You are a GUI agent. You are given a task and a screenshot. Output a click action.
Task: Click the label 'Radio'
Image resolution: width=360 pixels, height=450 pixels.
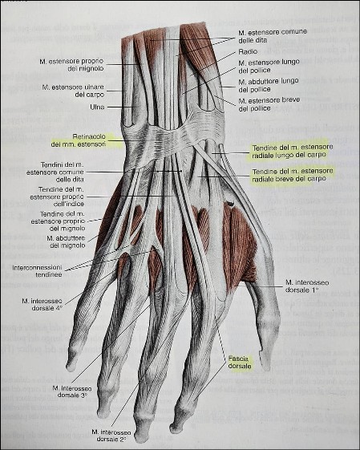click(248, 51)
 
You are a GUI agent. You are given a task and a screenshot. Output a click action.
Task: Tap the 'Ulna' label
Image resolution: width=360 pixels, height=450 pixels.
click(97, 107)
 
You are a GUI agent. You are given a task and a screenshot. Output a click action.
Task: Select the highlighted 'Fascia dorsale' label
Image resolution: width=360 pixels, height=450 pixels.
click(240, 363)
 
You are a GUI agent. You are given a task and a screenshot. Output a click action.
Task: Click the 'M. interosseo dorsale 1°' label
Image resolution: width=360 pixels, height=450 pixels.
click(307, 286)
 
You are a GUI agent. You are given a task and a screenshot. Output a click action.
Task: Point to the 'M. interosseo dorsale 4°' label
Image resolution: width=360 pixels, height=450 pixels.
click(42, 304)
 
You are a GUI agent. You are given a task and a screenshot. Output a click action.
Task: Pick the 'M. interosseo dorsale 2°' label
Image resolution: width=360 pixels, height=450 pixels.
click(111, 436)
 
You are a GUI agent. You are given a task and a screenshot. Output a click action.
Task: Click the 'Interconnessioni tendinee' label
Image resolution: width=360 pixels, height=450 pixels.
click(38, 270)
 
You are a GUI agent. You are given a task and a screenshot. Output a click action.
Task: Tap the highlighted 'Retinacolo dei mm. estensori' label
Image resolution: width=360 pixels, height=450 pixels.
click(79, 140)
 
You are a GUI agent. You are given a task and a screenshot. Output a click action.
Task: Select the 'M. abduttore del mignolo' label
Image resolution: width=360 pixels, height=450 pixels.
click(66, 241)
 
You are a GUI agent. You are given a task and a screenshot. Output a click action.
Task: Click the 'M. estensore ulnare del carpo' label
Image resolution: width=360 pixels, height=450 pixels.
click(73, 91)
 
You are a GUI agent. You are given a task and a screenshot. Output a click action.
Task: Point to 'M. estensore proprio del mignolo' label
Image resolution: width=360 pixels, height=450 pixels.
click(71, 65)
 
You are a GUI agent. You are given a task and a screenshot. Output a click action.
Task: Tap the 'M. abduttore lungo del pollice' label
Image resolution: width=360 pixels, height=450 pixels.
click(269, 85)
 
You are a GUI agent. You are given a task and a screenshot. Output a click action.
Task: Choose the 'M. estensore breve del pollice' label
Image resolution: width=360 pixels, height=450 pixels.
click(269, 104)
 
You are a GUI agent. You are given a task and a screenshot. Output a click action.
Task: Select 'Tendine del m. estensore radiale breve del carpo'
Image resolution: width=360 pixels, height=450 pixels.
click(293, 175)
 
